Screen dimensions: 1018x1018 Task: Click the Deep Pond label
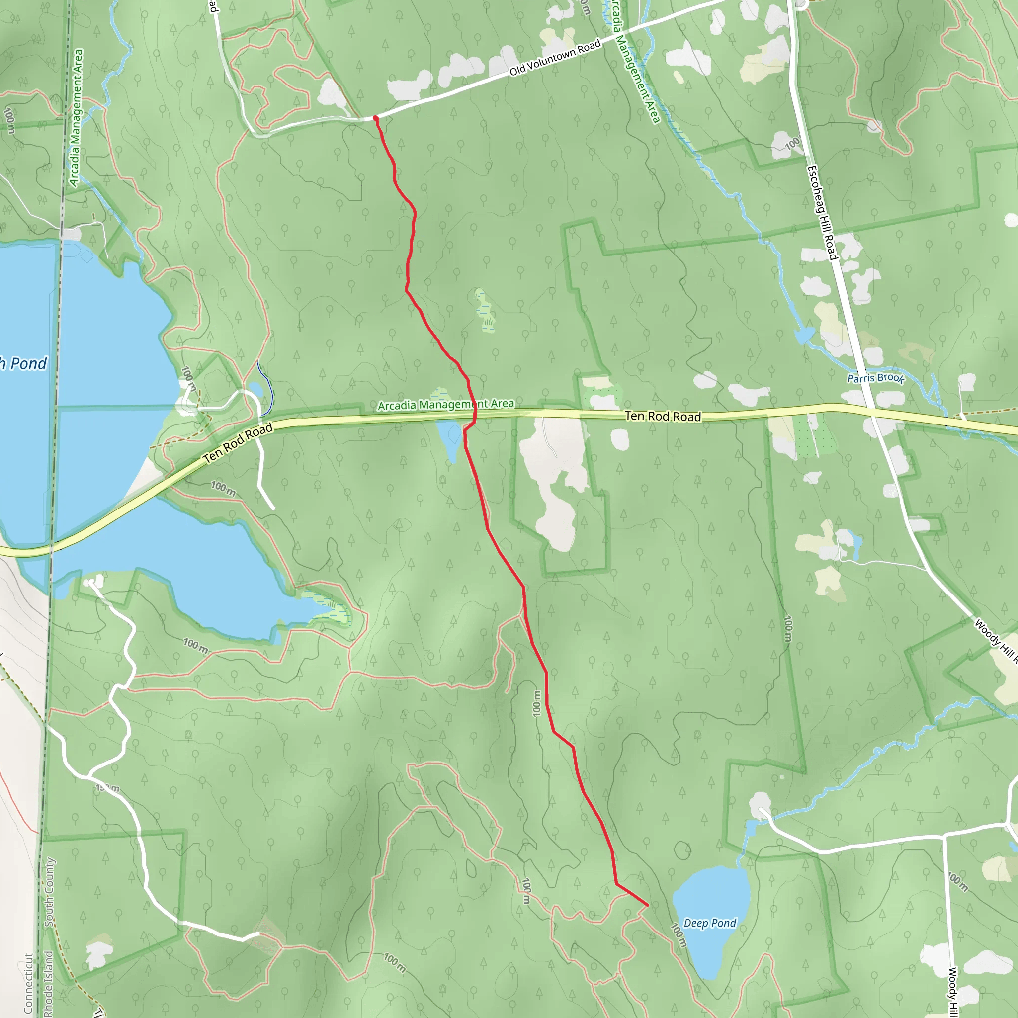pos(709,923)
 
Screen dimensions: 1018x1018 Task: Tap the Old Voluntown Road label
pos(554,58)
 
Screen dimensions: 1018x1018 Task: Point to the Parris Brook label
pos(875,378)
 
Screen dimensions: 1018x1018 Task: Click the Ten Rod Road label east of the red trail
pos(663,416)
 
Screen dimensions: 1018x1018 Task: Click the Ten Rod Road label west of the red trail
pos(238,442)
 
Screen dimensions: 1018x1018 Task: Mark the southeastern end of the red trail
pos(647,905)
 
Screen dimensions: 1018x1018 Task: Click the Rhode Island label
pos(48,983)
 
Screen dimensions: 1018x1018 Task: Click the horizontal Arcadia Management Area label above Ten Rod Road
pos(446,404)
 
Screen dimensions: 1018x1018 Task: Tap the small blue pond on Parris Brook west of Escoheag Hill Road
pos(804,335)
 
